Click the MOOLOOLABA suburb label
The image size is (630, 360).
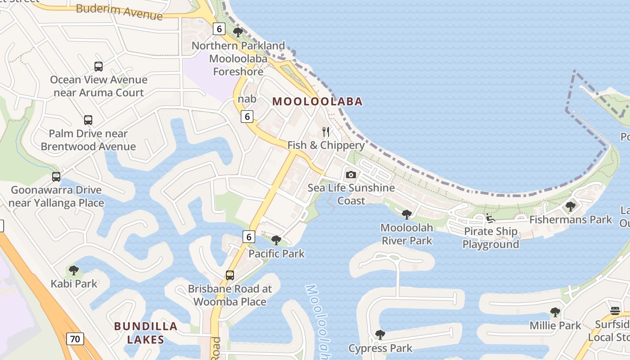coord(317,101)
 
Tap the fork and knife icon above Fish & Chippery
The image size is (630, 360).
coord(326,132)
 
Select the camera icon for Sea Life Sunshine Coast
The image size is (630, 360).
coord(351,175)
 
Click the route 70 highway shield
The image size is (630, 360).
coord(75,338)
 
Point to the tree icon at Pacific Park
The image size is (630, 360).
coord(276,240)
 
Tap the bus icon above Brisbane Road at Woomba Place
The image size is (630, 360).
coord(230,275)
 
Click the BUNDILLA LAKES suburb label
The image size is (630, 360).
coord(145,333)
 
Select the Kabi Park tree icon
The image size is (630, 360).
coord(74,270)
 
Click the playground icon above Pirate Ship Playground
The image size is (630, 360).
coord(490,218)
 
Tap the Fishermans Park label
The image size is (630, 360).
coord(571,220)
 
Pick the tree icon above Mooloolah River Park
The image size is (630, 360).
coord(407,214)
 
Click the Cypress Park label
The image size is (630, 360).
coord(380,348)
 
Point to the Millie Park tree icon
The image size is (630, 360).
coord(555,312)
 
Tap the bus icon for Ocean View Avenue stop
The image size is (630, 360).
coord(99,67)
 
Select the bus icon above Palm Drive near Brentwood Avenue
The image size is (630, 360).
coord(88,120)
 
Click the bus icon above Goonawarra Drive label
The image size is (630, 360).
coord(56,177)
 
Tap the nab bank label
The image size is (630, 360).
coord(247,99)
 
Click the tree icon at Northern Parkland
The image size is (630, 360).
coord(238,32)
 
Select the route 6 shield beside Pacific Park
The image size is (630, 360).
coord(249,236)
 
